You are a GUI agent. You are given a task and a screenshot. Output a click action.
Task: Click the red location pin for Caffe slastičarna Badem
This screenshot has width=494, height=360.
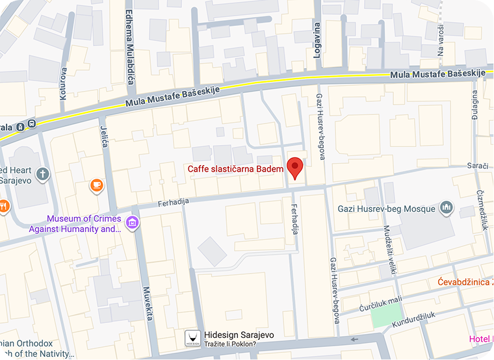(x=296, y=167)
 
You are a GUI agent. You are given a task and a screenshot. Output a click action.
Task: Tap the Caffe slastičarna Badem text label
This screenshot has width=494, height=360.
(x=236, y=169)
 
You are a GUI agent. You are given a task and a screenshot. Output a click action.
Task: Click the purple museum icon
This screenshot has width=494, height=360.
(x=133, y=224)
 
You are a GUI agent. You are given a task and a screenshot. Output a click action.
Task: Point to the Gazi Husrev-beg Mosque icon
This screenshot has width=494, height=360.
(x=446, y=208)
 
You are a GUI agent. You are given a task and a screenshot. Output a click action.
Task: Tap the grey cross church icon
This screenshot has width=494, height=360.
(x=42, y=174)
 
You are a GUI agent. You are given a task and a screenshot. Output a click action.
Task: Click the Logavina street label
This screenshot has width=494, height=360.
(x=317, y=40)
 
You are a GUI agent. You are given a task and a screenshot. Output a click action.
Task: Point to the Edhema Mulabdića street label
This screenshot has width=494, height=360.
(x=129, y=45)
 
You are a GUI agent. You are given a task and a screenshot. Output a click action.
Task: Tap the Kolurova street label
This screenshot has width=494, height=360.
(x=63, y=82)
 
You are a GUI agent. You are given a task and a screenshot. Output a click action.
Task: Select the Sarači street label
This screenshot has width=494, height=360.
(x=477, y=166)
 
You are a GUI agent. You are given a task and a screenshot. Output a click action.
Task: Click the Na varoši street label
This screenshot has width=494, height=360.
(x=440, y=40)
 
